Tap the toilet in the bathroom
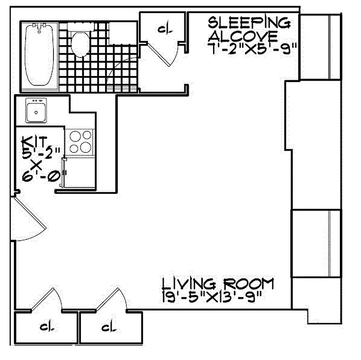tap(80, 44)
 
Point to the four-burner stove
tap(80, 142)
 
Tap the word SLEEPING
tap(248, 21)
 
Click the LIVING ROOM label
tap(218, 284)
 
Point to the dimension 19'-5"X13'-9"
tap(211, 297)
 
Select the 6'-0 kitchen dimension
tap(41, 176)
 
